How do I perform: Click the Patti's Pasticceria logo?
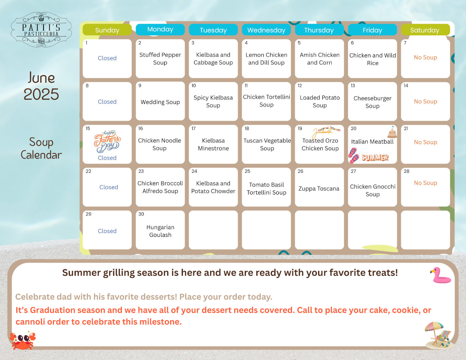(41, 30)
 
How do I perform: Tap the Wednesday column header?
(266, 30)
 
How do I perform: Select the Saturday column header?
(426, 30)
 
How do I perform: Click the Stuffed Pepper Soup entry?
(160, 59)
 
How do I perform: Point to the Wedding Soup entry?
(160, 102)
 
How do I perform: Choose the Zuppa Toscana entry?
(319, 188)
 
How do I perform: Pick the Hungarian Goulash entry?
(160, 231)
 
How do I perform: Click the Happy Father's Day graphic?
(107, 141)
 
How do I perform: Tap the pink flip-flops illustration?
(354, 155)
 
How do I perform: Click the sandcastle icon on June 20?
(392, 132)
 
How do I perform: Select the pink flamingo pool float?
(441, 275)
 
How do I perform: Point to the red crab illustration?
(23, 341)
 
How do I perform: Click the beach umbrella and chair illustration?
(438, 335)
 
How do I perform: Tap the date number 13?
(353, 85)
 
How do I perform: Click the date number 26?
(301, 171)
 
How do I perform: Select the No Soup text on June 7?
(426, 57)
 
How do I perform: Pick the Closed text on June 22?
(109, 187)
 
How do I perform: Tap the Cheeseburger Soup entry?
(372, 102)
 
